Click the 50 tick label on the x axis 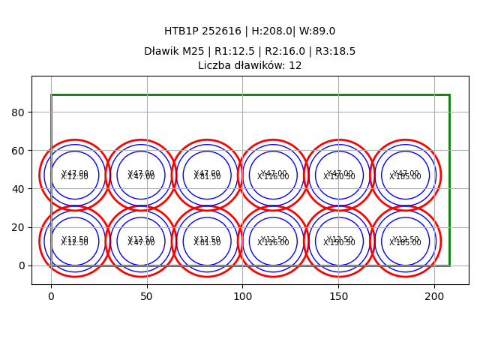[147, 297]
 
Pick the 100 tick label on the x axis [242, 297]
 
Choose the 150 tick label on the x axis [338, 297]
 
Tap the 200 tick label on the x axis [433, 297]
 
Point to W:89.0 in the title [319, 31]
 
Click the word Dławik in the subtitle [162, 52]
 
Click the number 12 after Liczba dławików [295, 66]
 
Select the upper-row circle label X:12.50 [74, 177]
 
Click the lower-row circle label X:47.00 [141, 243]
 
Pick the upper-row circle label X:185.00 [405, 177]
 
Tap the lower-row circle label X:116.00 [273, 243]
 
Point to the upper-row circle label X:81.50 [207, 177]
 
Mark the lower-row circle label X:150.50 [339, 243]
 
